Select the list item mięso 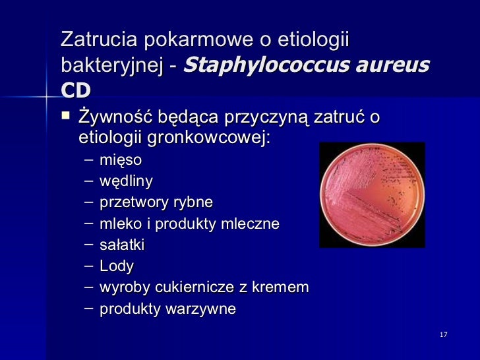121,160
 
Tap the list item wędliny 127,181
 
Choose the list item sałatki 122,245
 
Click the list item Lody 117,266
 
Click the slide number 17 443,336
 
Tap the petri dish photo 372,195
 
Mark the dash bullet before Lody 90,266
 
